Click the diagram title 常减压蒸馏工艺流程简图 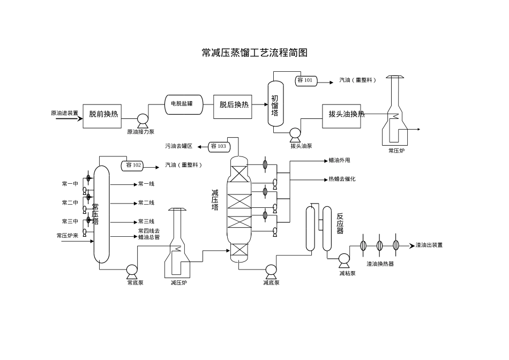click(254, 52)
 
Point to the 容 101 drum click(306, 81)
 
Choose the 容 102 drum click(133, 165)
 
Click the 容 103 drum click(218, 146)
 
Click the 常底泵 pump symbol click(132, 271)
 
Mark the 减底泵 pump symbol click(271, 271)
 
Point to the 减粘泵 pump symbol click(343, 261)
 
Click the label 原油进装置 click(64, 113)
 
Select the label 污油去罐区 click(178, 146)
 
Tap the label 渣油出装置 click(429, 245)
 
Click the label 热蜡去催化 click(342, 179)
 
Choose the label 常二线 click(146, 203)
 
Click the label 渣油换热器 click(380, 264)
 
